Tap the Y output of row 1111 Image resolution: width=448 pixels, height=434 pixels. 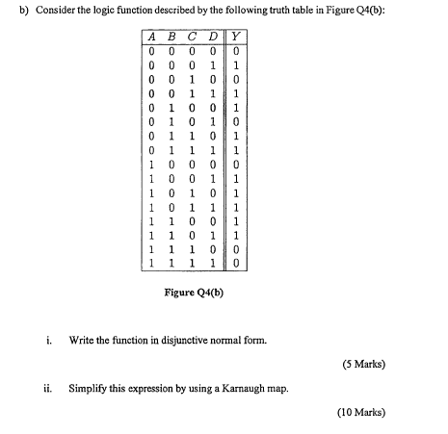click(234, 260)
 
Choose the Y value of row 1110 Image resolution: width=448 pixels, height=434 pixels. click(234, 246)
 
